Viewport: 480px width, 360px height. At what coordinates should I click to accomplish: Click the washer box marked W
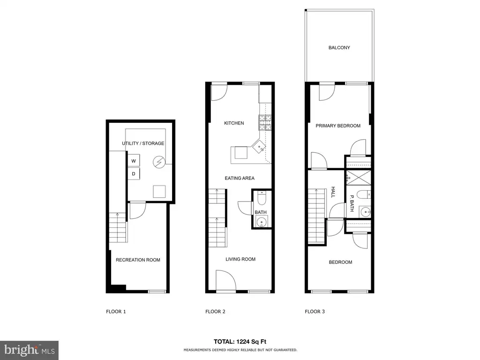click(x=134, y=161)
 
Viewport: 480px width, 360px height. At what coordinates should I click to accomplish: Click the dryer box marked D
click(x=134, y=173)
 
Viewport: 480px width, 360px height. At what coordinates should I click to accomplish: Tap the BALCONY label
click(x=339, y=48)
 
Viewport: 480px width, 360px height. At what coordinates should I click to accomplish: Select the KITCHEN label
click(x=234, y=123)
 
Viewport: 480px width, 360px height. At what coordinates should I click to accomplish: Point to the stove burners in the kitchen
click(x=265, y=123)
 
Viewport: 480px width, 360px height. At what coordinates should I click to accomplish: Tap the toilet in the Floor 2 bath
click(x=262, y=198)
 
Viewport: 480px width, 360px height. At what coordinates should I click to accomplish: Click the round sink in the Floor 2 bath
click(x=262, y=222)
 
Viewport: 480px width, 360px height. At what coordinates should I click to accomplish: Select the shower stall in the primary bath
click(x=358, y=178)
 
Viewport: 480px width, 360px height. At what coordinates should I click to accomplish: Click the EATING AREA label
click(x=240, y=178)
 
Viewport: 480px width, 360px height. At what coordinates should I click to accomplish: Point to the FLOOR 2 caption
click(x=215, y=312)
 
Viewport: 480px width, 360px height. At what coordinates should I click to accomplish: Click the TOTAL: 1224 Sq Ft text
click(x=240, y=342)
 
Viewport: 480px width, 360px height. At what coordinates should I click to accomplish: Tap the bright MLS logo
click(x=29, y=350)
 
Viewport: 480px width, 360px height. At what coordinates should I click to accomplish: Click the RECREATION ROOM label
click(x=138, y=260)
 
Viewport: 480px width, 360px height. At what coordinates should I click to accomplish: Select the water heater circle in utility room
click(x=159, y=162)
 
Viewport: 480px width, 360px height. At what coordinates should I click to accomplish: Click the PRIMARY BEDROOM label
click(x=338, y=126)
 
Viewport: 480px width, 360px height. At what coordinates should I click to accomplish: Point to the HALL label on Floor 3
click(x=333, y=192)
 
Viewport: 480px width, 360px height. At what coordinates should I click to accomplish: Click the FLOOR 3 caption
click(x=315, y=312)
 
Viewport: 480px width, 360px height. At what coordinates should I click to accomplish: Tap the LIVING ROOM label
click(x=240, y=259)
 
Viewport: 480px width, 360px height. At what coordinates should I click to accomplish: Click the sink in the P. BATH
click(x=365, y=211)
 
